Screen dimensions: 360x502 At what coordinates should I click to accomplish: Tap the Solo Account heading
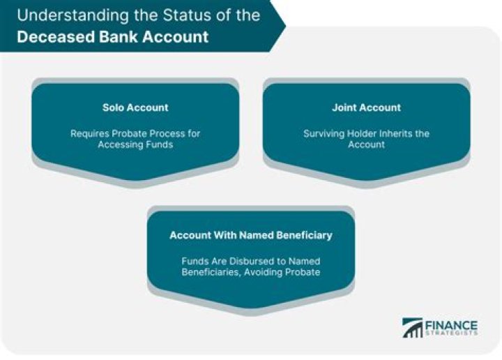pyautogui.click(x=135, y=107)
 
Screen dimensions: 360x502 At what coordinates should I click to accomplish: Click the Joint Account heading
pyautogui.click(x=367, y=107)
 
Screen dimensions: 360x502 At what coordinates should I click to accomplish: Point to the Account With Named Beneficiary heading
pyautogui.click(x=251, y=235)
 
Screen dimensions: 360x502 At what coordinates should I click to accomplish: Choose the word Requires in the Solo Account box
pyautogui.click(x=89, y=133)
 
